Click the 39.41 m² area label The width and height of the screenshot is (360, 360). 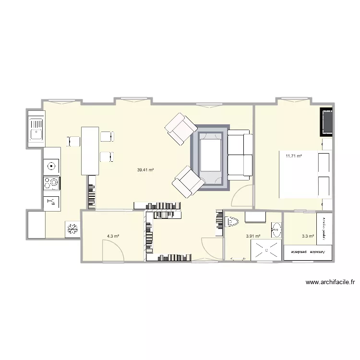click(145, 170)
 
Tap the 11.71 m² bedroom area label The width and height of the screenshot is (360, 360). click(293, 156)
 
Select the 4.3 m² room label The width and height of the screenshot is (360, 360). click(113, 236)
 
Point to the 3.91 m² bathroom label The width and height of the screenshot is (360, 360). click(253, 236)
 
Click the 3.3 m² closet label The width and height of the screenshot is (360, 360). click(308, 236)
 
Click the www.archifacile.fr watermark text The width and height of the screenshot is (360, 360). click(330, 283)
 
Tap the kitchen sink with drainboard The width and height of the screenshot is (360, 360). click(36, 128)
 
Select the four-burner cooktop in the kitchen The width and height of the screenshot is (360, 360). click(51, 183)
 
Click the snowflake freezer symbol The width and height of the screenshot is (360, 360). click(73, 229)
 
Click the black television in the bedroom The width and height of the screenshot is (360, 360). click(327, 122)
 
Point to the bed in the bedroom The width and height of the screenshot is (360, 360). click(305, 174)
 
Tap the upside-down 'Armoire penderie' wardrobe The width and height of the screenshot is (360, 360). click(308, 252)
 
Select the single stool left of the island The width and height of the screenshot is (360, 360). click(73, 141)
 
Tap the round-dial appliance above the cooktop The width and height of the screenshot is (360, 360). click(51, 167)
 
